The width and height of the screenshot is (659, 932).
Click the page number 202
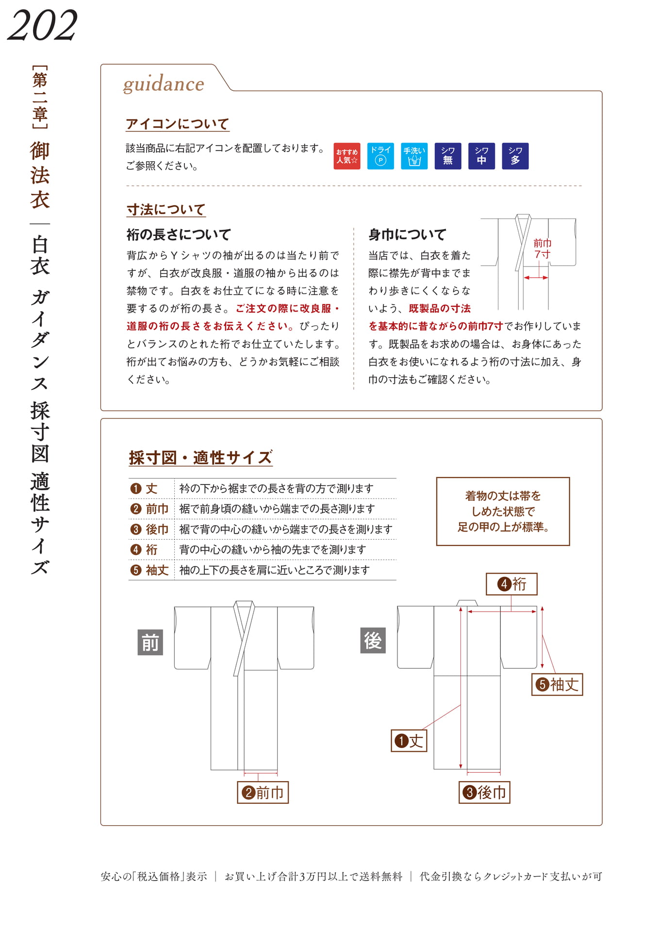click(42, 25)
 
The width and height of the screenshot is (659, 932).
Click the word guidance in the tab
click(164, 84)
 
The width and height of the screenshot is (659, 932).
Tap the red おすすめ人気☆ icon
click(347, 156)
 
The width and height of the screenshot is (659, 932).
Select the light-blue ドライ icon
click(380, 156)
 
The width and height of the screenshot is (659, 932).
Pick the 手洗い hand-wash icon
click(414, 156)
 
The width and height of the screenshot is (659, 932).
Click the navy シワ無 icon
click(448, 156)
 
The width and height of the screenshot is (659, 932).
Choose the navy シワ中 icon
click(481, 156)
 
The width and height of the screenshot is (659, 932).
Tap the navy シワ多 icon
click(515, 156)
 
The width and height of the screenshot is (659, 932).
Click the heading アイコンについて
click(177, 124)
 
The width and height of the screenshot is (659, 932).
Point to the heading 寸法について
click(166, 210)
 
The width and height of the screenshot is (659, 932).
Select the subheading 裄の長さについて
click(179, 235)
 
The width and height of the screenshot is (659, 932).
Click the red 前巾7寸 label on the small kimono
click(542, 249)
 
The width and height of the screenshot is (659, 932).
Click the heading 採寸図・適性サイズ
click(200, 457)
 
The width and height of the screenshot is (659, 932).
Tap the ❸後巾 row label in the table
click(149, 529)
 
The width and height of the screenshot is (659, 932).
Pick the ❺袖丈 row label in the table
click(149, 570)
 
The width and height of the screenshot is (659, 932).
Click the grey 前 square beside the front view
click(150, 643)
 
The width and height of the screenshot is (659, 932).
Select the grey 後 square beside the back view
click(373, 641)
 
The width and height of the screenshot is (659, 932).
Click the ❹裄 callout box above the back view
click(512, 584)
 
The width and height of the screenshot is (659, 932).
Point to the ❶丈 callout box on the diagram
click(409, 741)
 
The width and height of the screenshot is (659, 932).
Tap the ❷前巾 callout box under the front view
click(263, 792)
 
